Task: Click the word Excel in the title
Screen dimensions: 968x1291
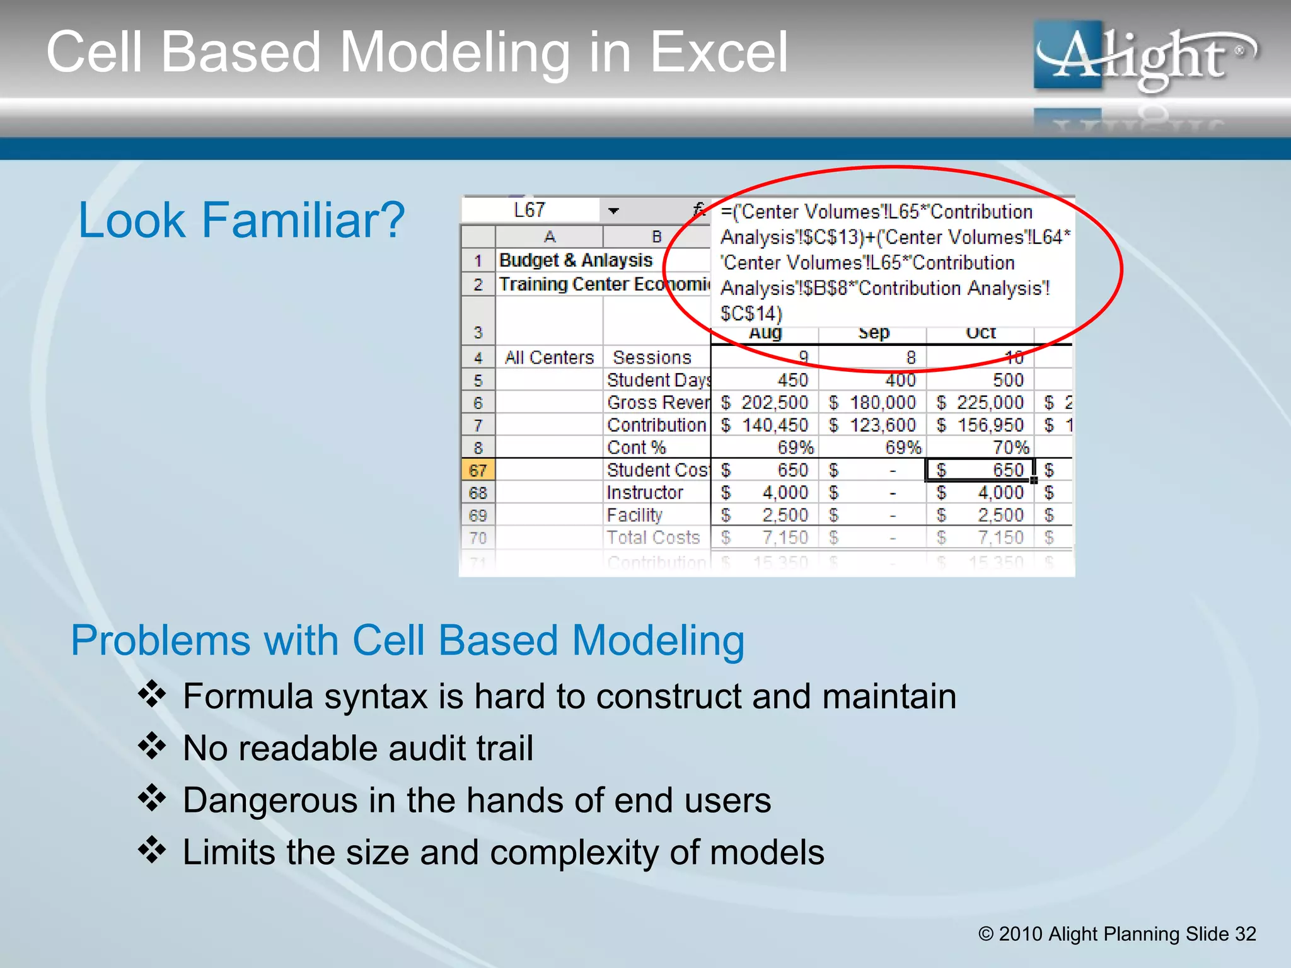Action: [719, 53]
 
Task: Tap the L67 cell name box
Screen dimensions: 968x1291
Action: [530, 210]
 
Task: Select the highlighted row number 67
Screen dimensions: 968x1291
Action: [478, 470]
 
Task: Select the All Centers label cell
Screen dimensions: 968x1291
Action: [549, 357]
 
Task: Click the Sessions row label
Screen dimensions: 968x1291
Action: [652, 357]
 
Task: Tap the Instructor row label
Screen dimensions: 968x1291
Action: [644, 492]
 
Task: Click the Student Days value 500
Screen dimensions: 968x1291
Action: [1007, 380]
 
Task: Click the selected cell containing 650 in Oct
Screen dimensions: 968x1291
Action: [980, 470]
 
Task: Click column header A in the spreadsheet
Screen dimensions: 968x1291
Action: [549, 237]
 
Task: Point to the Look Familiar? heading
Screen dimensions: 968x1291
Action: [241, 220]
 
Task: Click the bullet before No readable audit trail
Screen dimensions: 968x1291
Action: [152, 747]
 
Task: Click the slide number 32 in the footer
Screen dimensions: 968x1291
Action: [1245, 933]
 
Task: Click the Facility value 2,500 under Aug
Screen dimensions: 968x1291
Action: [784, 515]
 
